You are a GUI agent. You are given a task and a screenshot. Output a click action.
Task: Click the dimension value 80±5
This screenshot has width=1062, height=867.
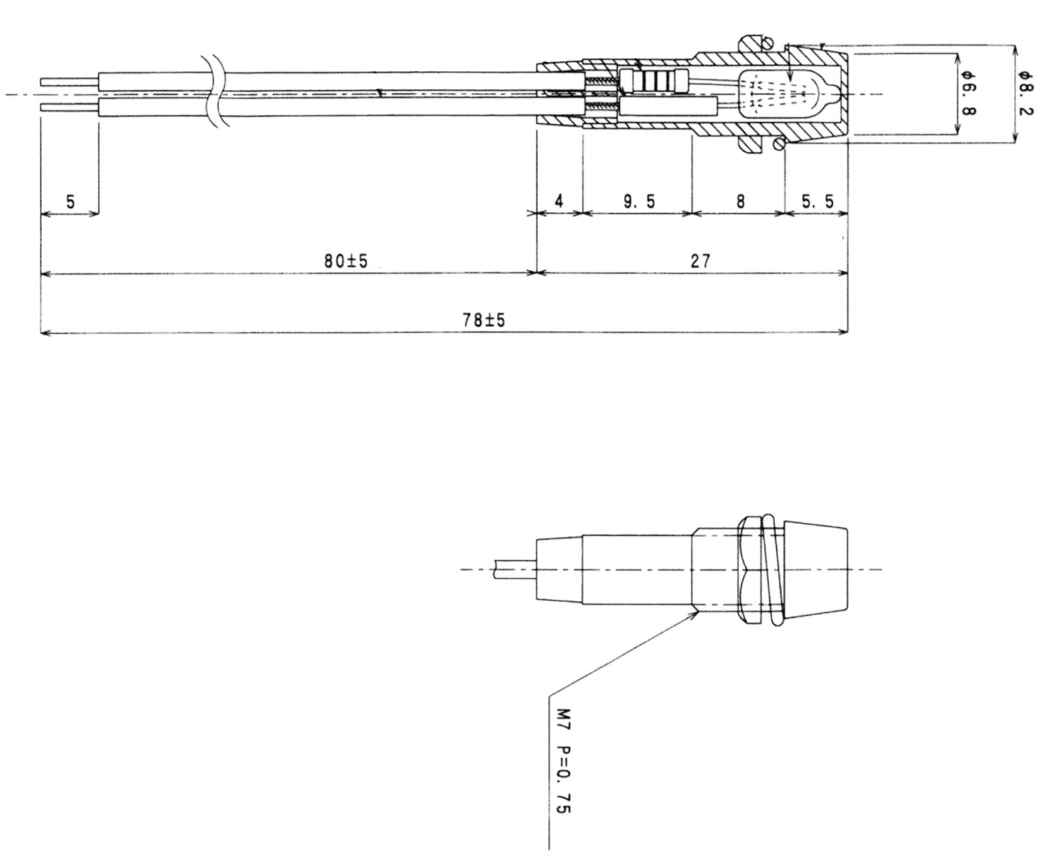[x=346, y=261]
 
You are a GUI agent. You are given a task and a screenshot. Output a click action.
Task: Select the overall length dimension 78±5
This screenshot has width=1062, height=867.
[x=483, y=320]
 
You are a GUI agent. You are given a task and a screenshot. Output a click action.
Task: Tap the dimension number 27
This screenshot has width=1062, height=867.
[x=700, y=261]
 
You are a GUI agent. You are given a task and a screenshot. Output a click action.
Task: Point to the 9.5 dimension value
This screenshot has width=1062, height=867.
[x=639, y=202]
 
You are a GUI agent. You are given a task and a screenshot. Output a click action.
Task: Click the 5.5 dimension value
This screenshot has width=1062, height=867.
[x=818, y=202]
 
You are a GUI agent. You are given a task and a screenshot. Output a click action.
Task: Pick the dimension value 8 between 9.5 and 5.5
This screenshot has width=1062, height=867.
[x=740, y=202]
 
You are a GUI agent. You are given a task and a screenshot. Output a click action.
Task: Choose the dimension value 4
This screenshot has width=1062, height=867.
[x=559, y=202]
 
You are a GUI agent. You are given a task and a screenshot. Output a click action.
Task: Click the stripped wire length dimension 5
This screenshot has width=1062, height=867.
[x=70, y=202]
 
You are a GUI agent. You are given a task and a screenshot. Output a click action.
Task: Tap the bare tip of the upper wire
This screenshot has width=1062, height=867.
[x=70, y=81]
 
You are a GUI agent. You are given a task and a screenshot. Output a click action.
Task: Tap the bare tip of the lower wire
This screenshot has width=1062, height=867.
[x=70, y=107]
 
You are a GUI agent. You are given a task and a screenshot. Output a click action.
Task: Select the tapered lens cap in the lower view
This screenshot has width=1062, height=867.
[x=815, y=570]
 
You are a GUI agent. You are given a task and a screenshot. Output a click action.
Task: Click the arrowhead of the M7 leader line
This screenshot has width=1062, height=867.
[x=698, y=613]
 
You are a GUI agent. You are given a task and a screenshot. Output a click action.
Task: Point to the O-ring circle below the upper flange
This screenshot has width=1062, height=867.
[x=779, y=144]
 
